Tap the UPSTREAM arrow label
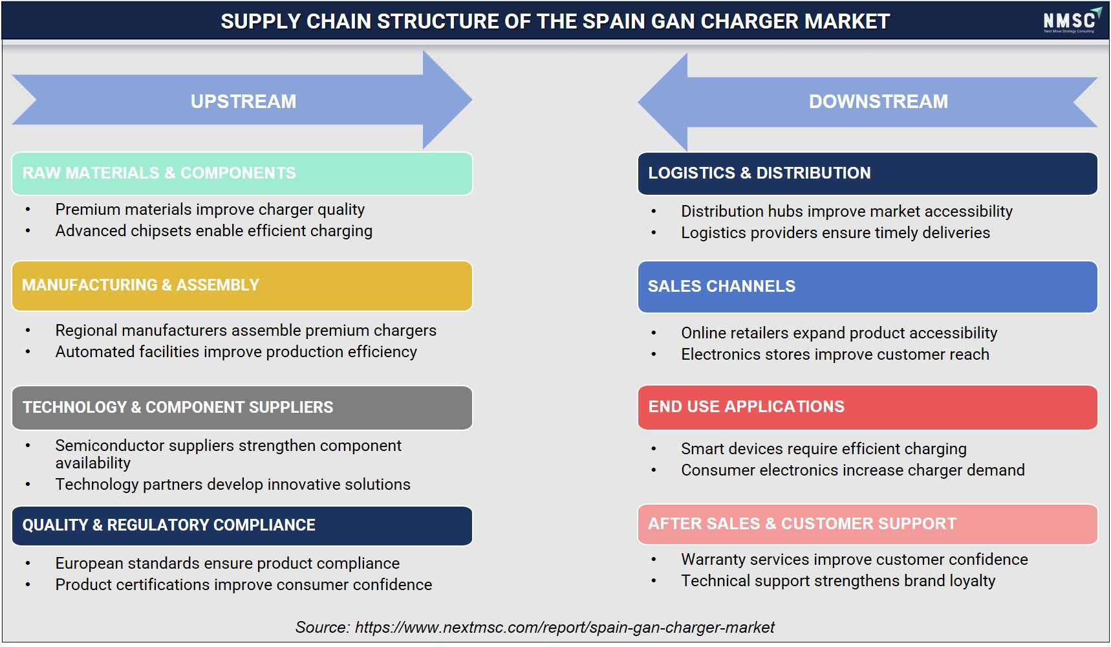[x=243, y=102]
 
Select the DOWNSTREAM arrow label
[x=878, y=102]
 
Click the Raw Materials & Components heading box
[x=242, y=173]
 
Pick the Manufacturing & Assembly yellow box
[x=242, y=285]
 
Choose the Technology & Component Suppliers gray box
[x=242, y=408]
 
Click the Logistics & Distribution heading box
[x=867, y=173]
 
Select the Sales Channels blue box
[x=867, y=287]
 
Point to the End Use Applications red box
[x=867, y=407]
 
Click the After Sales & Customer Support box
[x=867, y=524]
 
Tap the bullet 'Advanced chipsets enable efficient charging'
[x=214, y=231]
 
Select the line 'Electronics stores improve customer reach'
[x=835, y=355]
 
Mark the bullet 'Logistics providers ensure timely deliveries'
[x=836, y=233]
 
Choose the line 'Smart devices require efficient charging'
[x=824, y=449]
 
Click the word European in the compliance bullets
[x=91, y=564]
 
